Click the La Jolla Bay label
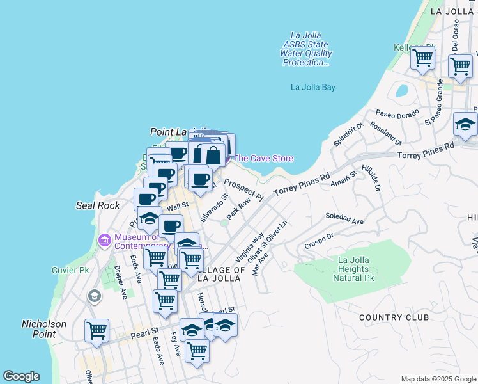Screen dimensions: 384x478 [x=313, y=87]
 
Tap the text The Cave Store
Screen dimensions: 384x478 [x=264, y=159]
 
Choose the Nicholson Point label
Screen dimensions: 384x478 [x=43, y=329]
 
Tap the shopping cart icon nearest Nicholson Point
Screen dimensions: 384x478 [x=96, y=332]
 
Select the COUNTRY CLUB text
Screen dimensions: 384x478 [x=389, y=317]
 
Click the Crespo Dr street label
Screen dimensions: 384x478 [x=320, y=241]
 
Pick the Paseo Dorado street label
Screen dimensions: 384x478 [x=396, y=113]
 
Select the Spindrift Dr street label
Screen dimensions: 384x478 [x=348, y=133]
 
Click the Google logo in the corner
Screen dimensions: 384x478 [x=21, y=376]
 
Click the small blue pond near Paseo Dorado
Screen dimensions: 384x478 [x=402, y=91]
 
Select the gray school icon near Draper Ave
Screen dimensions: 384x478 [x=95, y=296]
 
